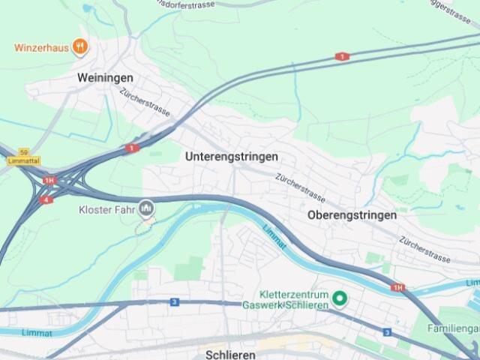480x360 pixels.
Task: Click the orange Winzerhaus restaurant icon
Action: point(80,47)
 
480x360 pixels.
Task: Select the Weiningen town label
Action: point(105,78)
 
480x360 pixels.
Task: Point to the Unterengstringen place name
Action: point(231,157)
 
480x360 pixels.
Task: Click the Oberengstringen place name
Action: point(352,214)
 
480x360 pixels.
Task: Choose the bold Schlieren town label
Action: point(230,354)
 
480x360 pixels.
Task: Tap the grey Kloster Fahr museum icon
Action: point(147,208)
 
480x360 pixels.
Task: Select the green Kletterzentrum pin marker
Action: point(340,299)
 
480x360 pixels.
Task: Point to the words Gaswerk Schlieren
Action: point(286,305)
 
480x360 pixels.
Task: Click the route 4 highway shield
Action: point(46,200)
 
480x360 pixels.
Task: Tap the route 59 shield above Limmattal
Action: point(24,151)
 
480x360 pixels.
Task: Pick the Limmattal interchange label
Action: point(22,160)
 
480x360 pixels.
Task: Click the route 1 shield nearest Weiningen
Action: point(133,148)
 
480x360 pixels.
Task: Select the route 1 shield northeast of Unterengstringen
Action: point(342,56)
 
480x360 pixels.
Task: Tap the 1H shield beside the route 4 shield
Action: point(49,181)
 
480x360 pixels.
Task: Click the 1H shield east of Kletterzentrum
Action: point(397,287)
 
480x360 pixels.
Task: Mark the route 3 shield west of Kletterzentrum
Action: point(174,301)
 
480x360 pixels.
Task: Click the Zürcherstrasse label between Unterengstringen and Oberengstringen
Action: point(300,187)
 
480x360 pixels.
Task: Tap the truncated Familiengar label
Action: point(453,328)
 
